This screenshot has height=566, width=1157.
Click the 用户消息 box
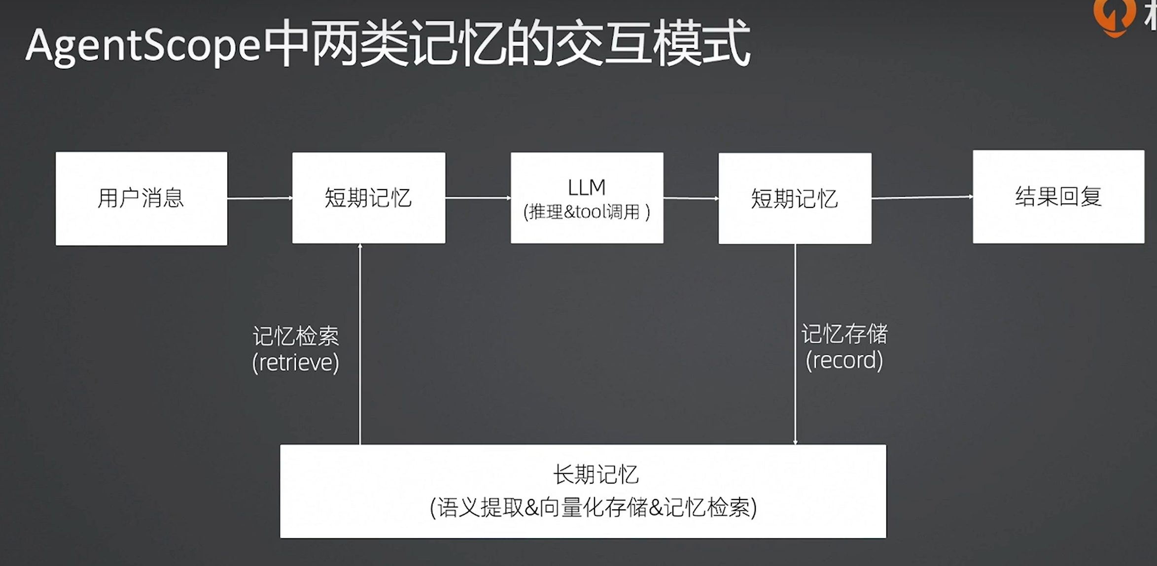[x=141, y=198]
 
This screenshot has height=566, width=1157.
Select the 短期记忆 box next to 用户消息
[x=368, y=198]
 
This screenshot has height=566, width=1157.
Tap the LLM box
[x=587, y=198]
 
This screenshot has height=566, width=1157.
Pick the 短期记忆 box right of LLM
[x=795, y=198]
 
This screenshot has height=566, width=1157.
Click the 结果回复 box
[x=1058, y=197]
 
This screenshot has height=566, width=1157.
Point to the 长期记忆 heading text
[x=596, y=475]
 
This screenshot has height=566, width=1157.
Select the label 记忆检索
[x=296, y=336]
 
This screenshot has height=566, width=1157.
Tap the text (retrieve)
[x=296, y=363]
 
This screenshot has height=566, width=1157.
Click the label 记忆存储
[x=844, y=334]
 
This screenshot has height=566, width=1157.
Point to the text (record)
[x=844, y=360]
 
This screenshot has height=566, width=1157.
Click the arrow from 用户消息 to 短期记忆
[x=260, y=198]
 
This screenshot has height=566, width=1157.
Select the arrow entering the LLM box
[x=478, y=198]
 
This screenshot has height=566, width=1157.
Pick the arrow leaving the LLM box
[x=691, y=198]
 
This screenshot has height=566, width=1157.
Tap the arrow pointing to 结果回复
[x=922, y=197]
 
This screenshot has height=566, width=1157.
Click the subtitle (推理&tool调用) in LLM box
[x=587, y=212]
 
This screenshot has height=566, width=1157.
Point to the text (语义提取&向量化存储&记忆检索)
[x=593, y=507]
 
